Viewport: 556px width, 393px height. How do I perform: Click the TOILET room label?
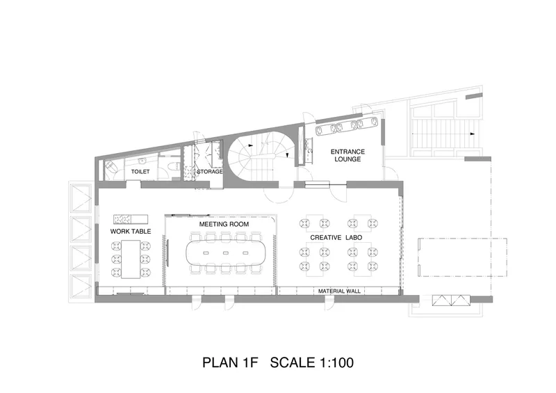140,172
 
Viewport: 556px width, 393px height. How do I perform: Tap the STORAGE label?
210,172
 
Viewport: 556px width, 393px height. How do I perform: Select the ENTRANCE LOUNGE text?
347,156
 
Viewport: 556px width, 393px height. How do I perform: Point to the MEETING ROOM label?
224,224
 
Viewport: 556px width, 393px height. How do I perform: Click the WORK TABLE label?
131,232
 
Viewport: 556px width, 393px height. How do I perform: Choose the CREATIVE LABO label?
336,237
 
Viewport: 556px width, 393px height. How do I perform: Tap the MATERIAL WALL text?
339,291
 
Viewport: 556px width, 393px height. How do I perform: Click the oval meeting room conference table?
224,253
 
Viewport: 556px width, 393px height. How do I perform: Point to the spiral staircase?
261,157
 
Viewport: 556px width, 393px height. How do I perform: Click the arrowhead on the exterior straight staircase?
473,134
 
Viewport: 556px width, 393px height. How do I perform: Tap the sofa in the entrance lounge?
347,126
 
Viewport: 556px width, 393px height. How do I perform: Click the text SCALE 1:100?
311,362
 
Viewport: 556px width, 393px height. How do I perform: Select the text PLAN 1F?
230,362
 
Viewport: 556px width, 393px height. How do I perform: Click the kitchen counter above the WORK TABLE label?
131,219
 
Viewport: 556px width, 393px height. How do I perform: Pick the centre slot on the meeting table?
224,253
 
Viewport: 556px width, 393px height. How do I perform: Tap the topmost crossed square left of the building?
81,198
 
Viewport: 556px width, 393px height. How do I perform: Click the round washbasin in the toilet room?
142,161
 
